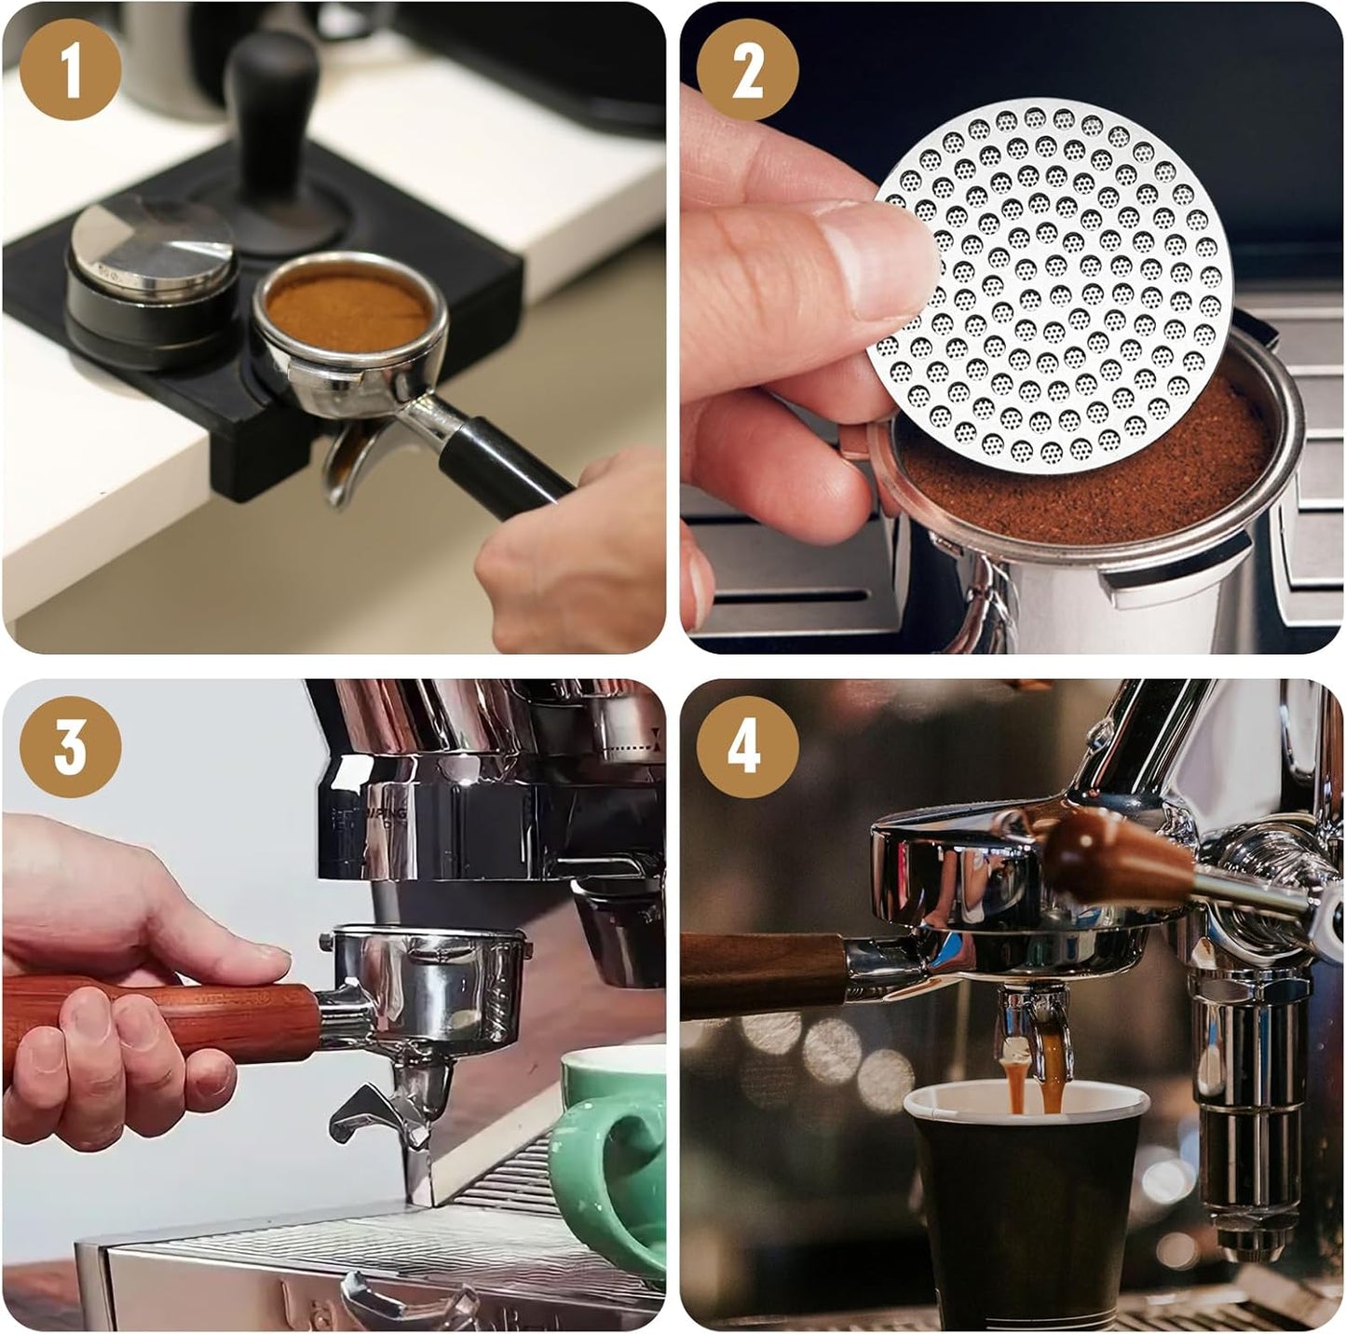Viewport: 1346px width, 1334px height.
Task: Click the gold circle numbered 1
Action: (71, 70)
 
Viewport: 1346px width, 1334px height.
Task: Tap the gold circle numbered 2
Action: (747, 70)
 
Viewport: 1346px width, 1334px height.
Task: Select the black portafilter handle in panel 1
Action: (503, 466)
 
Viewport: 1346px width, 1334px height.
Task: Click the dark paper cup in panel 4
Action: (1025, 1211)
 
